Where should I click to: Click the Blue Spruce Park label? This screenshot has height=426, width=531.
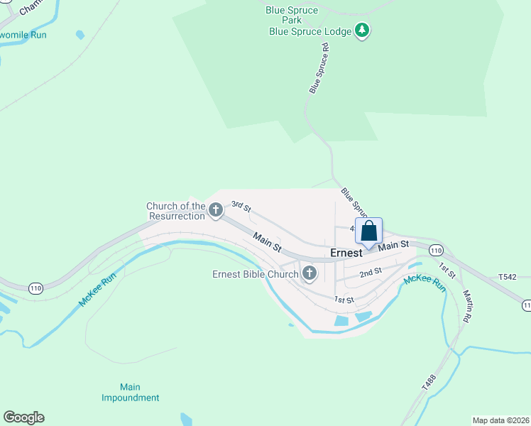pyautogui.click(x=285, y=14)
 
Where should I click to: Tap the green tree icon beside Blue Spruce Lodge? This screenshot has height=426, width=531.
pyautogui.click(x=363, y=31)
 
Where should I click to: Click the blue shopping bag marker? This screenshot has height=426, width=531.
pyautogui.click(x=368, y=231)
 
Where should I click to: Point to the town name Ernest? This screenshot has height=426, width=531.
pyautogui.click(x=346, y=253)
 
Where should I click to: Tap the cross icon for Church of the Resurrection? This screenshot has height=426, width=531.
pyautogui.click(x=216, y=209)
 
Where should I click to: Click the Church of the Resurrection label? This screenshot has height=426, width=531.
pyautogui.click(x=175, y=211)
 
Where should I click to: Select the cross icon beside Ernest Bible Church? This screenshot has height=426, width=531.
pyautogui.click(x=310, y=273)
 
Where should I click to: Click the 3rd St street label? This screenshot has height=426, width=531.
pyautogui.click(x=241, y=207)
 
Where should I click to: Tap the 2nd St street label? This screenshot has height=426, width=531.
pyautogui.click(x=370, y=272)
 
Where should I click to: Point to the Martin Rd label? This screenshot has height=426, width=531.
pyautogui.click(x=467, y=306)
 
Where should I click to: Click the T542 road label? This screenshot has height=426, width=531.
pyautogui.click(x=508, y=278)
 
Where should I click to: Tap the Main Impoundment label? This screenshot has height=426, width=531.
pyautogui.click(x=130, y=392)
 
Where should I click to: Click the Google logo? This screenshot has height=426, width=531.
pyautogui.click(x=23, y=417)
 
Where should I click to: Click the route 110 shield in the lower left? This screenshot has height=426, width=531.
pyautogui.click(x=35, y=288)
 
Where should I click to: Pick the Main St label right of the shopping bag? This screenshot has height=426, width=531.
pyautogui.click(x=394, y=245)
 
